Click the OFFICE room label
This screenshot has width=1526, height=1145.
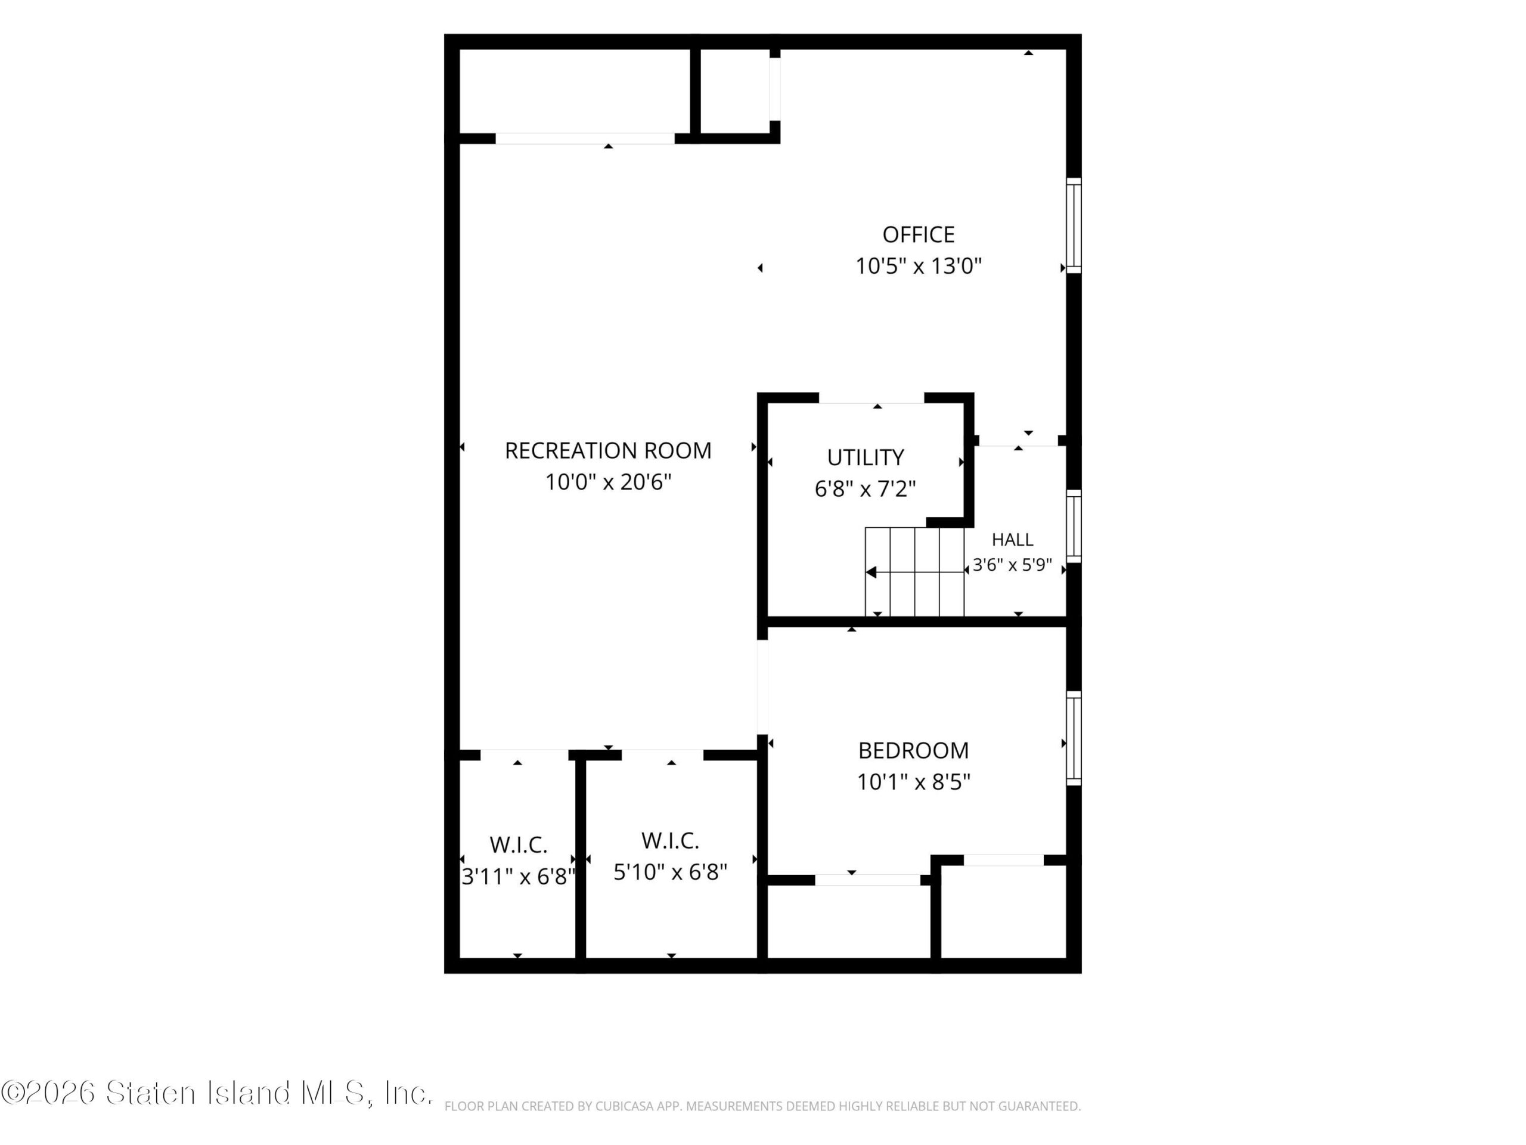click(x=918, y=234)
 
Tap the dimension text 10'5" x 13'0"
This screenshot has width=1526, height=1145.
click(x=918, y=266)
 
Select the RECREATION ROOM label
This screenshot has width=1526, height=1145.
click(x=608, y=451)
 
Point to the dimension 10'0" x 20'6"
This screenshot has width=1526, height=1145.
click(x=608, y=482)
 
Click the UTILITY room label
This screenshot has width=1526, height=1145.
click(x=865, y=457)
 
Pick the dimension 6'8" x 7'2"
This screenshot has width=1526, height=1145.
click(x=865, y=488)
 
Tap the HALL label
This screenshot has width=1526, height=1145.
click(x=1012, y=540)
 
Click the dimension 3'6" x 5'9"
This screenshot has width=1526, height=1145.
click(x=1012, y=565)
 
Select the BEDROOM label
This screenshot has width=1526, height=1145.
click(x=913, y=750)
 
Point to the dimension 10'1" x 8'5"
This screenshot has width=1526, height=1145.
click(x=913, y=782)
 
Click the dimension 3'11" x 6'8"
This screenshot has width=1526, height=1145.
click(x=518, y=877)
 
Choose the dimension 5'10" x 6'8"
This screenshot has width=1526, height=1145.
click(x=671, y=872)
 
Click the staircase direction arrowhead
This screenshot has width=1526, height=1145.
click(x=871, y=572)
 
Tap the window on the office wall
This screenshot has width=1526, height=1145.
click(x=1074, y=225)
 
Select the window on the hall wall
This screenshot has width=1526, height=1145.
click(x=1074, y=526)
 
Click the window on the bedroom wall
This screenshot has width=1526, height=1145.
click(x=1074, y=738)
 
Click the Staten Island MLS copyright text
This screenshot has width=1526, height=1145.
click(x=216, y=1093)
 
